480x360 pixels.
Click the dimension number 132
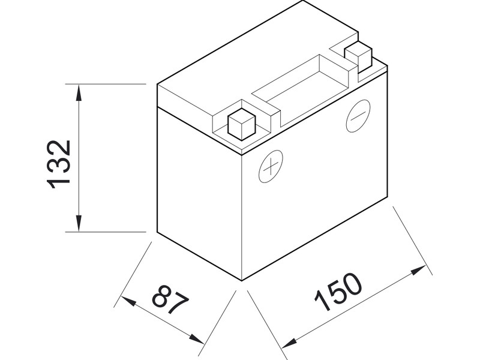coord(60,164)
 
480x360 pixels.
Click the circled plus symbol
coord(271,166)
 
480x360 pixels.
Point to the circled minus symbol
coord(358,116)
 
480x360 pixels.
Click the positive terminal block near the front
coord(242,122)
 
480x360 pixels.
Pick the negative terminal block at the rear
coord(358,56)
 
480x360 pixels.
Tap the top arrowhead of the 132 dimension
coord(79,90)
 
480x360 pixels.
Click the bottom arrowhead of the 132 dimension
coord(79,225)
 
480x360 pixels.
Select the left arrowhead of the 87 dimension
coord(127,301)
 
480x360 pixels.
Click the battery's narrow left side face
coord(198,192)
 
